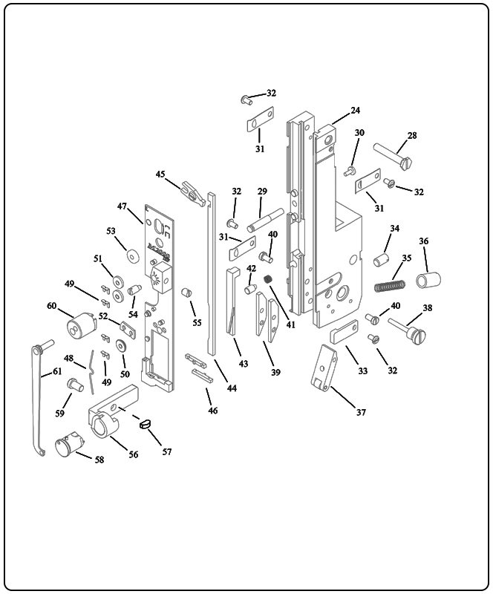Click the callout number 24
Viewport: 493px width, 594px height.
355,111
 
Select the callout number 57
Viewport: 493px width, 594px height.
167,451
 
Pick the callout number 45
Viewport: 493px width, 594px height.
160,174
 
